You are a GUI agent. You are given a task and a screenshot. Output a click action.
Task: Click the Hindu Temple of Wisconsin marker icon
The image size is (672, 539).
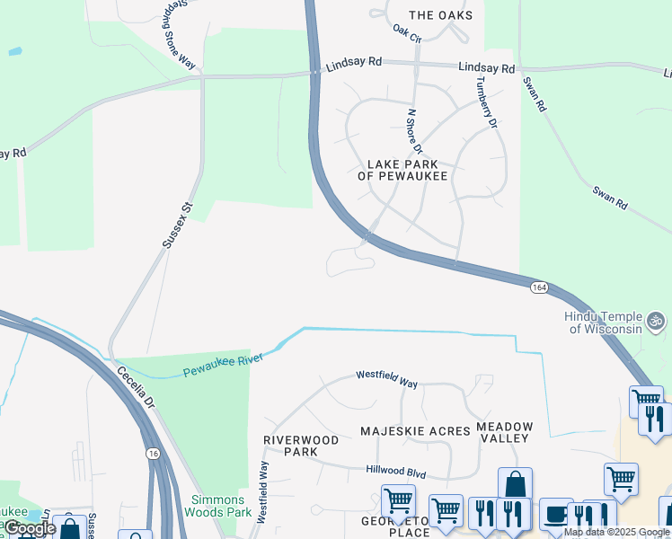pos(656,319)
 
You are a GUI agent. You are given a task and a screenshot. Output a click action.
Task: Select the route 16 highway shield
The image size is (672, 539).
pos(154,455)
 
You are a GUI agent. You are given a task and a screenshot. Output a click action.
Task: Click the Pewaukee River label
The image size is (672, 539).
pos(222,365)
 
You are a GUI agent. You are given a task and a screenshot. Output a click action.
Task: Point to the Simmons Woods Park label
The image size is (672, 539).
pos(216,506)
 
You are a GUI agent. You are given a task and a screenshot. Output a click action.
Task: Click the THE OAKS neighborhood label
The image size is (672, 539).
pos(440,15)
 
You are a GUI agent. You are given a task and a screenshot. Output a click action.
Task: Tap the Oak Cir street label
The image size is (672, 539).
pos(406,33)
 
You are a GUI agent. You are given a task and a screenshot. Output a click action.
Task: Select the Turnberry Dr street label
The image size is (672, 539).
pos(486,102)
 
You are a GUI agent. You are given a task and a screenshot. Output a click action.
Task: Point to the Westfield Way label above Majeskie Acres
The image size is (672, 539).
pos(386,378)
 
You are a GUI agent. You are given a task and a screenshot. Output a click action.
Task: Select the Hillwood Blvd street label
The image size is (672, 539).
pos(395,470)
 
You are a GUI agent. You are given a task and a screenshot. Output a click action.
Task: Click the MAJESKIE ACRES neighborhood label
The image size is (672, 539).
pos(415,431)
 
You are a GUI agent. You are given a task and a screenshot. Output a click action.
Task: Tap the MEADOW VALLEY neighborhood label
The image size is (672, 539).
pos(505,432)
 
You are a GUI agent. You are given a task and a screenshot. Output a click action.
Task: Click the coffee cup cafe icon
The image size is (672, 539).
pos(556,514)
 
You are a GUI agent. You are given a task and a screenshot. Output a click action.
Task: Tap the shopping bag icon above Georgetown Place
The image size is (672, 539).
pos(515,484)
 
